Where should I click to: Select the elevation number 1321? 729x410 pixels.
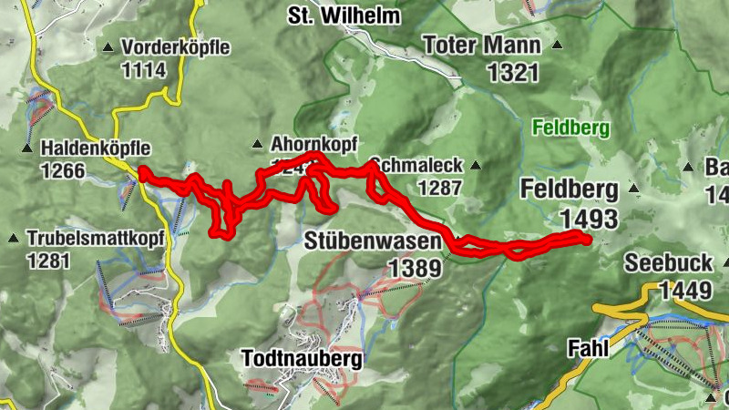[514, 74]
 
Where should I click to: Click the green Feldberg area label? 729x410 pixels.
[569, 128]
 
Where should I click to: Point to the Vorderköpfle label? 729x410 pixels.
[176, 47]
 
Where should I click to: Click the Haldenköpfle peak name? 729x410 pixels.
[96, 148]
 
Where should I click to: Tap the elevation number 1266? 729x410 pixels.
[63, 170]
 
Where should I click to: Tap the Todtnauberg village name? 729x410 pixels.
[302, 359]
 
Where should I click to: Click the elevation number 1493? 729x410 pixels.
[589, 219]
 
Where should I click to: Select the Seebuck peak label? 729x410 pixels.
[667, 263]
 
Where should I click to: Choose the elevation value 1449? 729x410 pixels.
[684, 290]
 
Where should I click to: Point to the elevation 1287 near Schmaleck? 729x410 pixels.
[439, 189]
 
